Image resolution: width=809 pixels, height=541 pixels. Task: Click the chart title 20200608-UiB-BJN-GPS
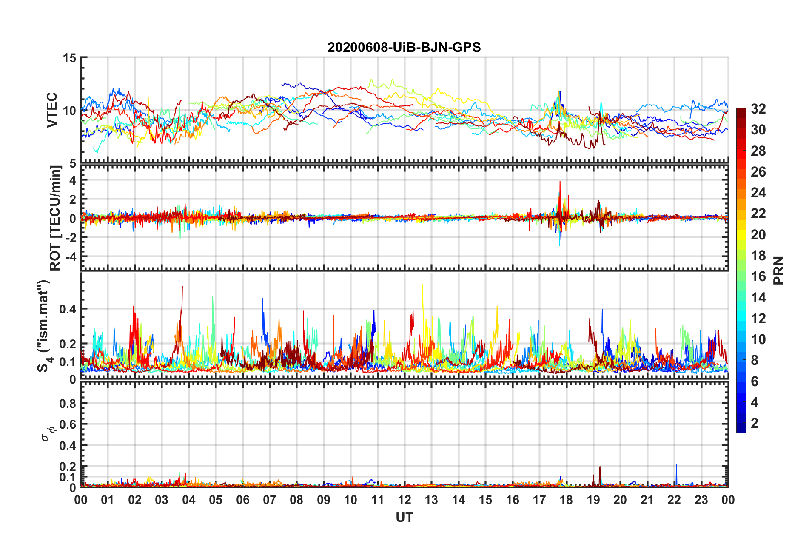[x=404, y=47]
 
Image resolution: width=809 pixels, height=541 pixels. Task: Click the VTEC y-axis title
[x=52, y=110]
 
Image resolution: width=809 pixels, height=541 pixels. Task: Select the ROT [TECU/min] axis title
[x=55, y=218]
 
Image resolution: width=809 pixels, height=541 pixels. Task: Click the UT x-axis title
[x=404, y=517]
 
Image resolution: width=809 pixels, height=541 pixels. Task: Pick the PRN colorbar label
[x=778, y=270]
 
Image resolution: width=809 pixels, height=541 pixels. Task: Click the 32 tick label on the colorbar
[x=758, y=109]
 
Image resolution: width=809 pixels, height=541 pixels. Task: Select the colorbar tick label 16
[x=758, y=276]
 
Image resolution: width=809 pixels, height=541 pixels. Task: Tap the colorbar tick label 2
[x=755, y=423]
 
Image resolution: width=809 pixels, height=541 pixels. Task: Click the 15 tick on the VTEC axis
[x=69, y=57]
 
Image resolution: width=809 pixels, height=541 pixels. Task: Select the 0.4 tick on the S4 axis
[x=68, y=309]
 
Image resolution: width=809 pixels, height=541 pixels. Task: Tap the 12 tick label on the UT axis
[x=404, y=500]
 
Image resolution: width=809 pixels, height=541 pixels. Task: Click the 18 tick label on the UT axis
[x=566, y=500]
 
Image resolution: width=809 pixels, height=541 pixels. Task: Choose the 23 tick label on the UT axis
[x=701, y=500]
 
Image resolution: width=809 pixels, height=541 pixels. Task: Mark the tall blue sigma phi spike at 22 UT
[x=676, y=466]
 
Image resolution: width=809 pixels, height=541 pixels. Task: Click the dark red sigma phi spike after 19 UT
[x=600, y=469]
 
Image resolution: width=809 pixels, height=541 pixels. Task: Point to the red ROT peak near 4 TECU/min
[x=560, y=183]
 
